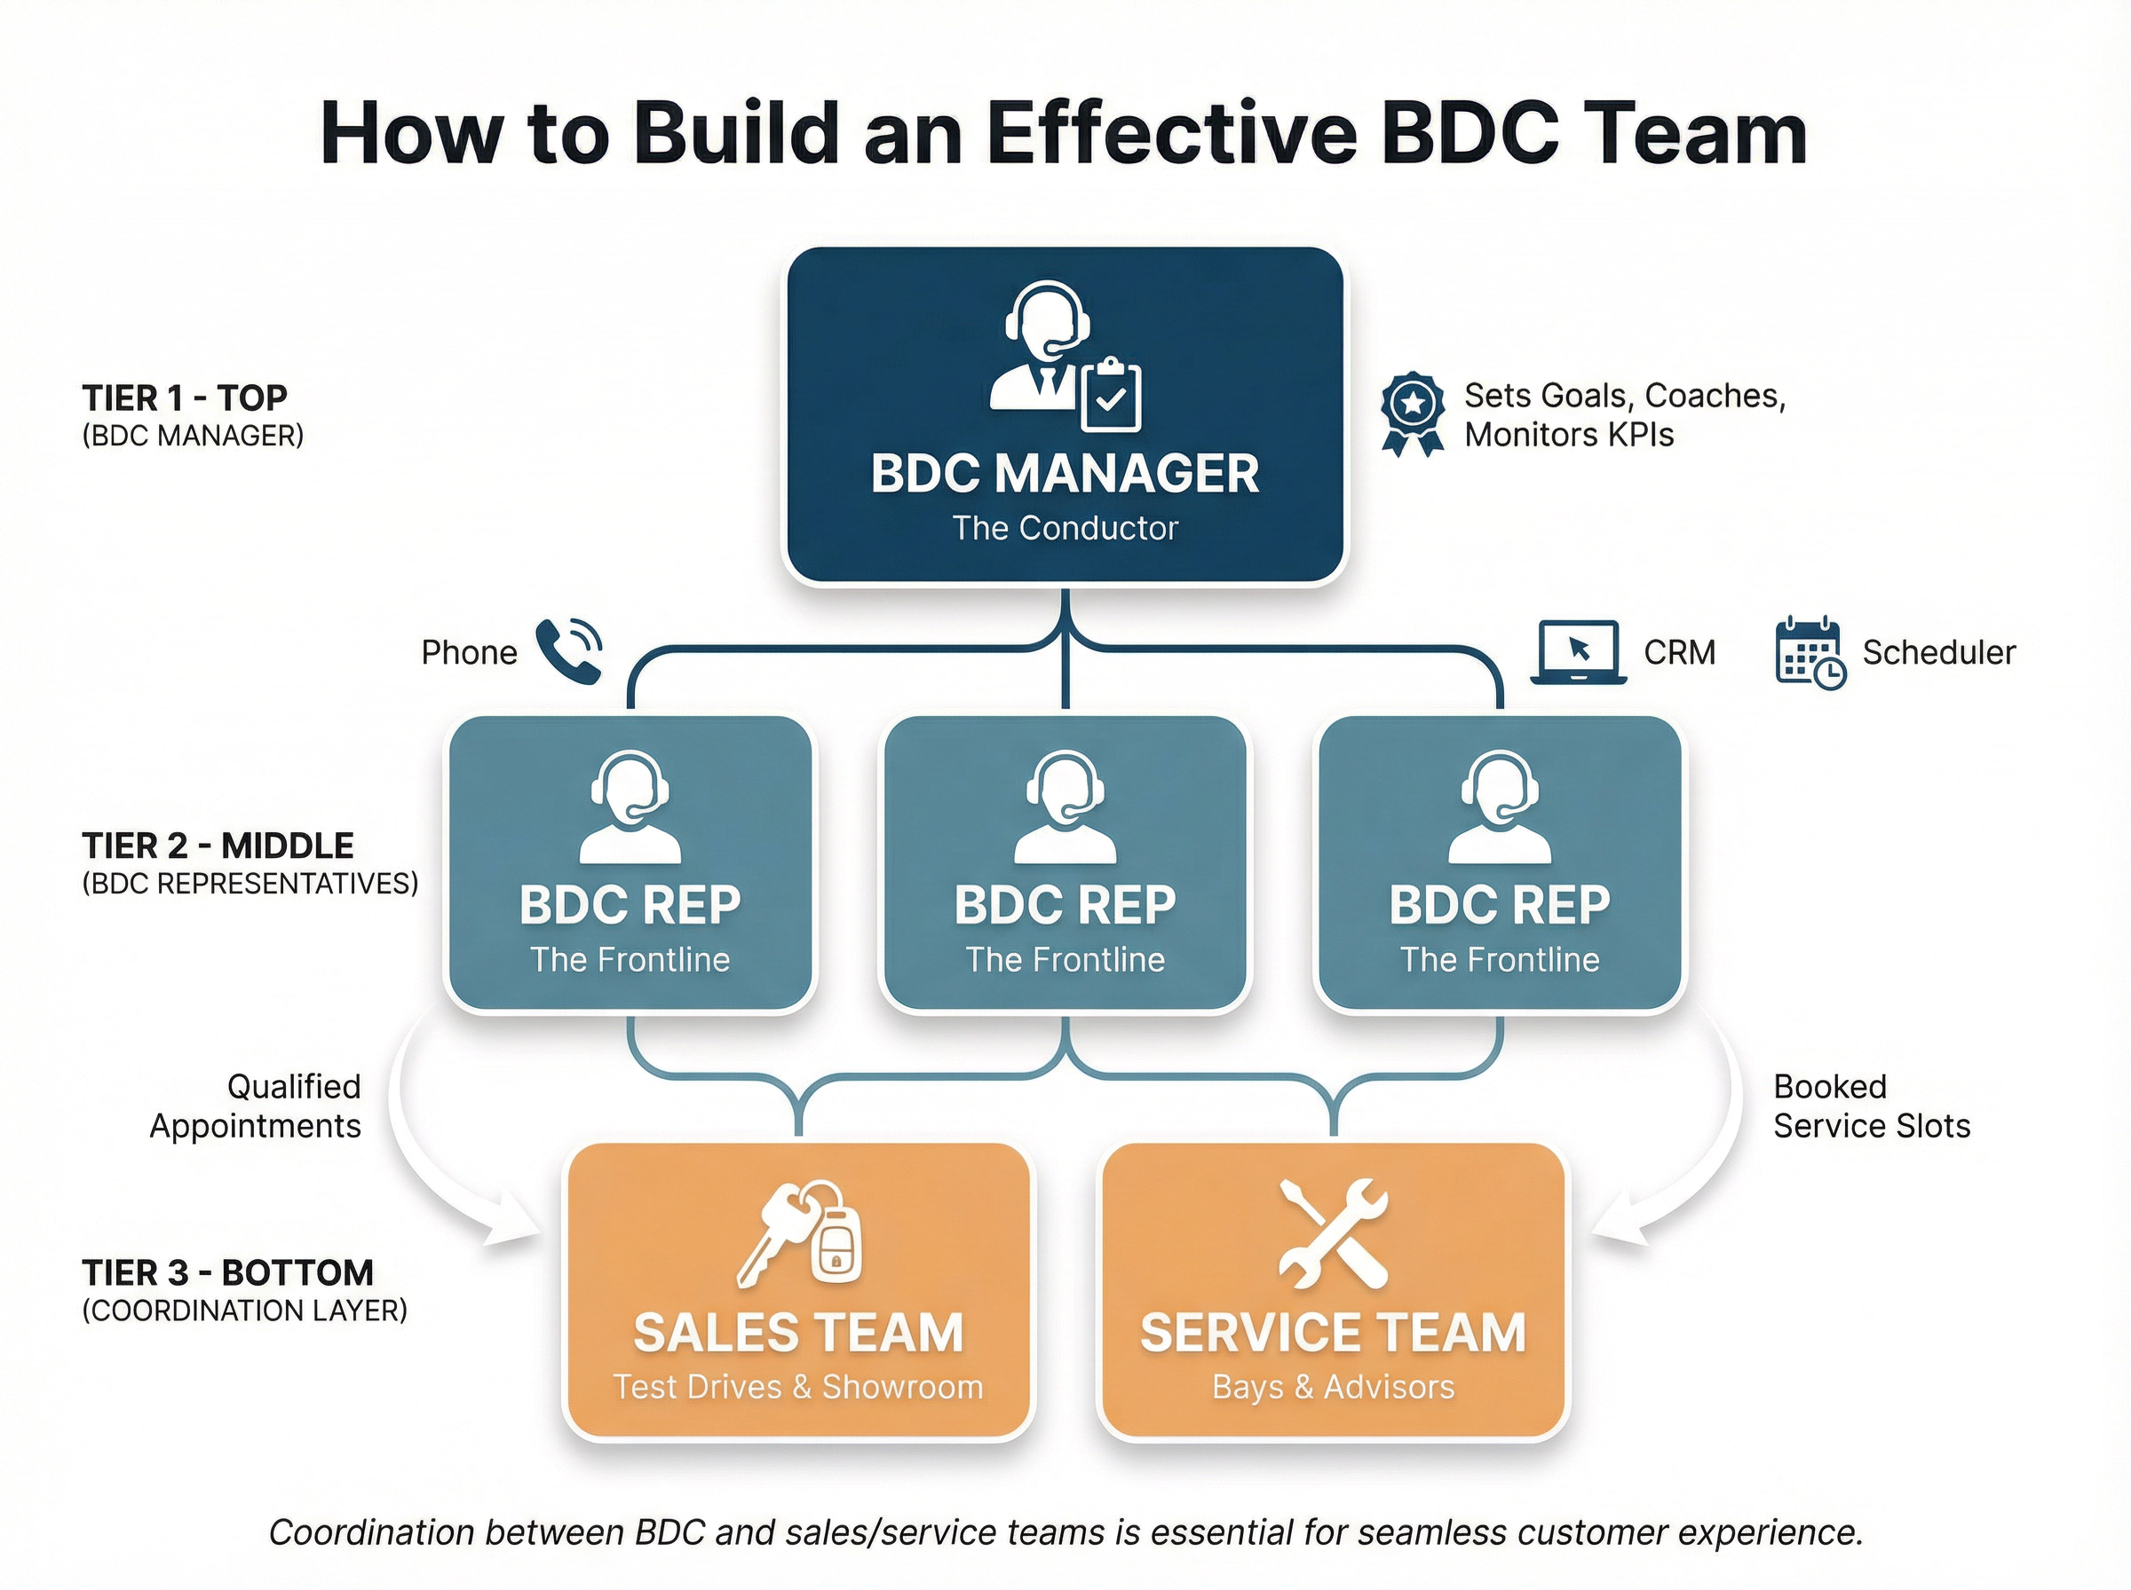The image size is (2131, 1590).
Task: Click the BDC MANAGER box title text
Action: pos(1064,474)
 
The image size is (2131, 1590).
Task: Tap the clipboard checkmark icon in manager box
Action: pos(1110,396)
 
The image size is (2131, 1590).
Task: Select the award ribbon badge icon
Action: pos(1412,413)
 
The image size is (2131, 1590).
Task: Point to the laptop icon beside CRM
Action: pos(1578,651)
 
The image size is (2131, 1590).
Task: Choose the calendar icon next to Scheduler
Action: pos(1810,652)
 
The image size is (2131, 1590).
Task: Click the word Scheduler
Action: pos(1937,652)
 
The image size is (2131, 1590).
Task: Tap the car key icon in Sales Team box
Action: pos(799,1234)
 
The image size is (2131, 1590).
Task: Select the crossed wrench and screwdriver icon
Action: pos(1334,1233)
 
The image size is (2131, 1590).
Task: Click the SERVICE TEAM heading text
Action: pos(1333,1333)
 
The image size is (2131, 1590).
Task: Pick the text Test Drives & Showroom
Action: pos(798,1387)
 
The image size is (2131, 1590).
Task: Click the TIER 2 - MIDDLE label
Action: pos(218,845)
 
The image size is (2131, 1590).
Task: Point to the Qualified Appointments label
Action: pos(256,1106)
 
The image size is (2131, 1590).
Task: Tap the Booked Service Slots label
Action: pos(1870,1106)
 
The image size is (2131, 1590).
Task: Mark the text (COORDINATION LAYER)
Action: pos(244,1311)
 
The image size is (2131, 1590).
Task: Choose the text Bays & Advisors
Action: pos(1333,1387)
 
